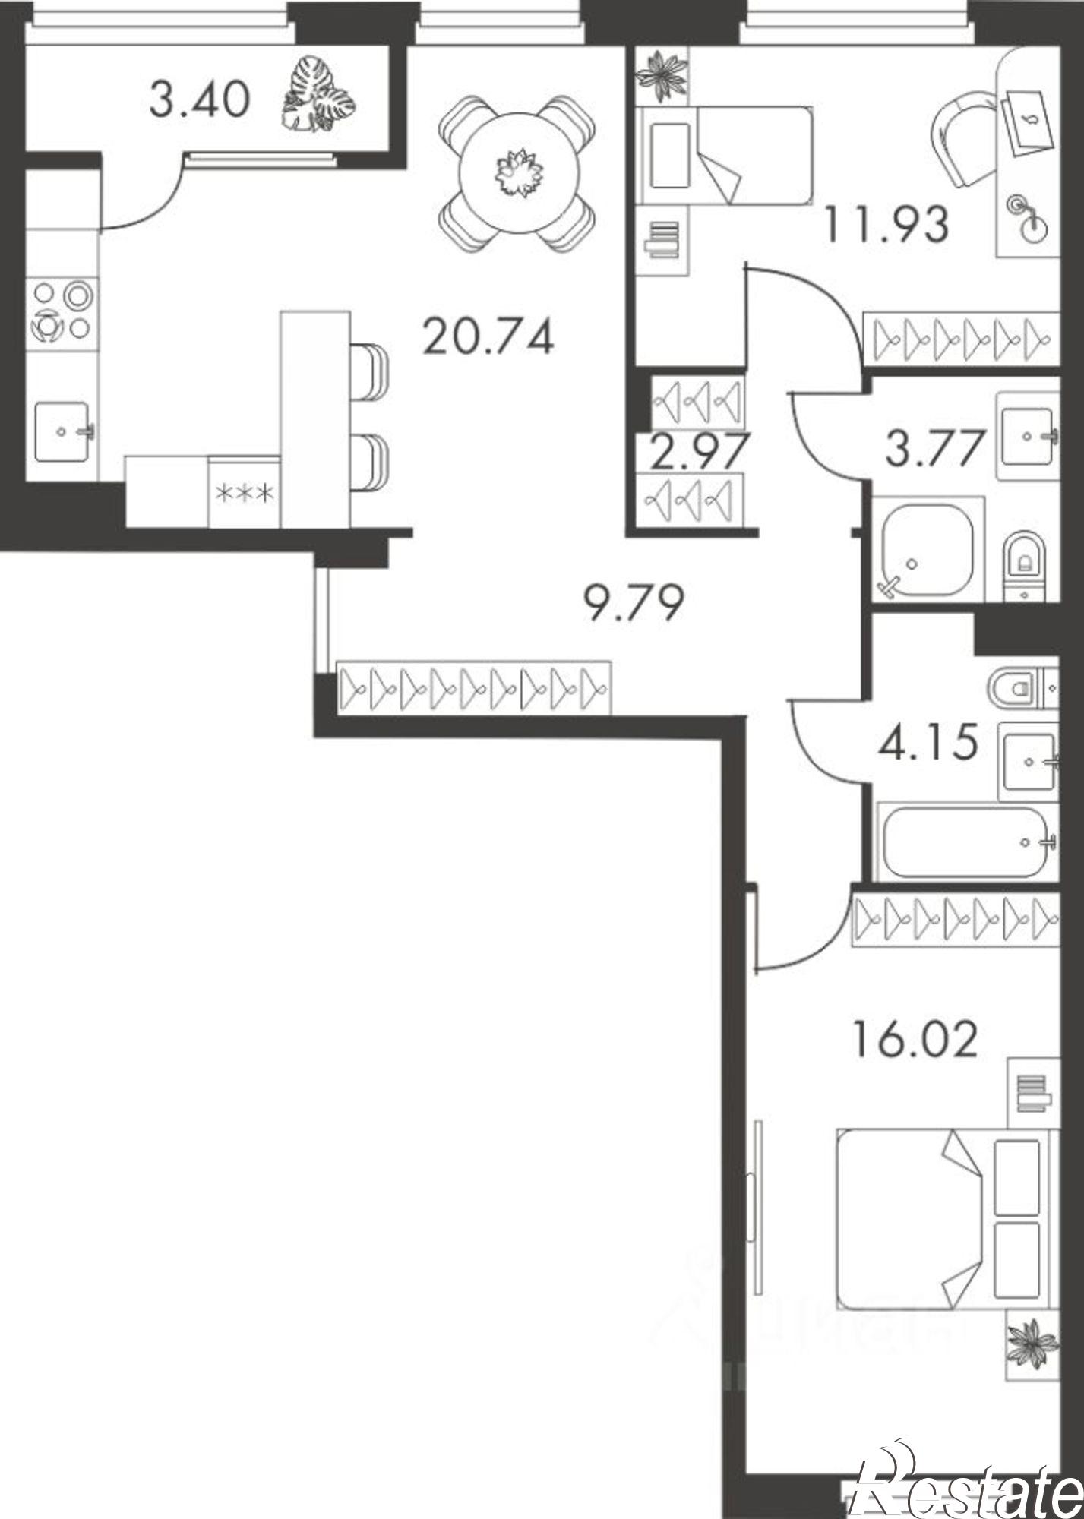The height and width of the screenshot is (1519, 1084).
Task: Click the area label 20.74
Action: [x=488, y=336]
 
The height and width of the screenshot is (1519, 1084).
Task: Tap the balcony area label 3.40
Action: [x=200, y=100]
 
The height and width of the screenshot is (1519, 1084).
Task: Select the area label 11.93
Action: [x=886, y=226]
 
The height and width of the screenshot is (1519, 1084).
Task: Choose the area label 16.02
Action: [x=914, y=1040]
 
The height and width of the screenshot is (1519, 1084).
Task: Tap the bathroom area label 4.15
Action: [x=927, y=744]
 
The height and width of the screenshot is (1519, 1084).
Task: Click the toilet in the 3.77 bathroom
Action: [x=1024, y=560]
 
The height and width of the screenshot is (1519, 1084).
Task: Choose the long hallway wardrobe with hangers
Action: [x=474, y=687]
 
